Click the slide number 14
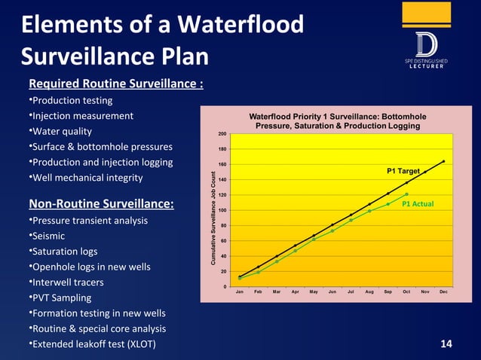click(446, 344)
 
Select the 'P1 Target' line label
click(403, 172)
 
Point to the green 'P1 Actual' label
click(416, 204)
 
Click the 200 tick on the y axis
click(222, 134)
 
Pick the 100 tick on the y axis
click(222, 210)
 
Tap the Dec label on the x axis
click(443, 291)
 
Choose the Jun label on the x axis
click(332, 291)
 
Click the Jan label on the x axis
click(240, 291)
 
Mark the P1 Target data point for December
click(443, 161)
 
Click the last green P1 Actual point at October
click(406, 194)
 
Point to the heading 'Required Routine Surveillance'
click(115, 84)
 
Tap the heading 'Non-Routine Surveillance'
click(101, 204)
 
